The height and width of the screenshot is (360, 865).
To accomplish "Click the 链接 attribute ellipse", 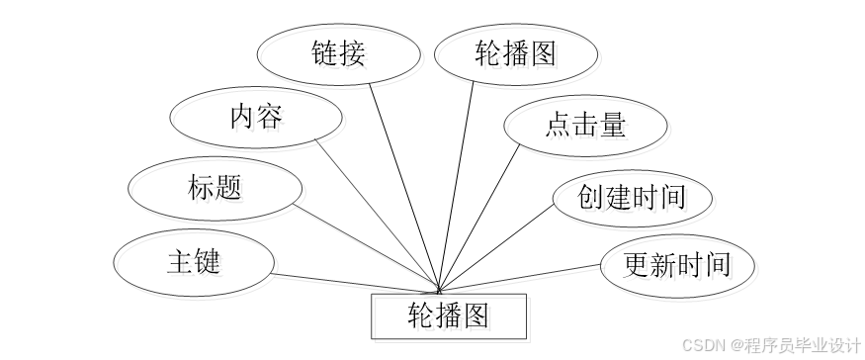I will [336, 53].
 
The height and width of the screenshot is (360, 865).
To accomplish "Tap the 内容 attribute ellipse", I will [256, 118].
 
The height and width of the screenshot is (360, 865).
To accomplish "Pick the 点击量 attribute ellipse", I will [584, 126].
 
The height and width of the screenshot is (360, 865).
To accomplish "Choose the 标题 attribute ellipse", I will [215, 187].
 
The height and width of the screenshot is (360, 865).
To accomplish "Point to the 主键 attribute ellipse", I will [193, 262].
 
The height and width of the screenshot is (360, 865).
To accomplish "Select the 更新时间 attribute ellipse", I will [678, 265].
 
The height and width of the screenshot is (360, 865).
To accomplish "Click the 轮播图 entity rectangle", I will [449, 315].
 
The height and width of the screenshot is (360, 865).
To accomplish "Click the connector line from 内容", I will [376, 212].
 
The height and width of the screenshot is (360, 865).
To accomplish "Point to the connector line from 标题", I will [366, 247].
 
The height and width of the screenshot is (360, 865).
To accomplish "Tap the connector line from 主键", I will [356, 282].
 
